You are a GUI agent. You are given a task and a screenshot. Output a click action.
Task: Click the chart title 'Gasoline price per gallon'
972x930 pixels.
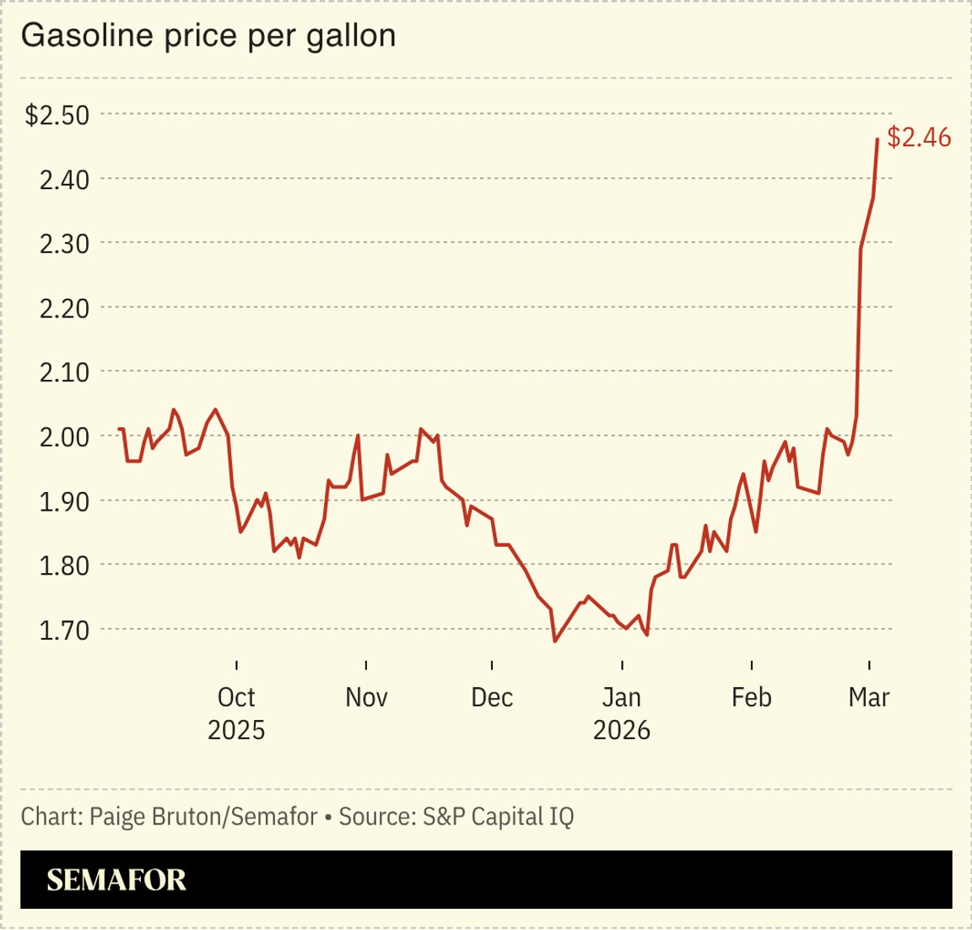(208, 35)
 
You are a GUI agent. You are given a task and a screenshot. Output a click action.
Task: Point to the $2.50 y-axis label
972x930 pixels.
(57, 115)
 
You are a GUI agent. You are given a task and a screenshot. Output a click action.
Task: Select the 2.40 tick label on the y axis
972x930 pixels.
(64, 179)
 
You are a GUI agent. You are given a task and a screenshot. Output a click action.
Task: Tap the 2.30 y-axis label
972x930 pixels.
(64, 244)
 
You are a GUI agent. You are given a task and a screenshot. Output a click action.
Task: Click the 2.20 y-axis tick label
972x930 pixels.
(64, 308)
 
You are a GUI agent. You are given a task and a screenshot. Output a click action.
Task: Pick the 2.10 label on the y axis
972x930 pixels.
(64, 372)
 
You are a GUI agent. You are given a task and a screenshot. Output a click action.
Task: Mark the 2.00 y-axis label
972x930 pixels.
(64, 436)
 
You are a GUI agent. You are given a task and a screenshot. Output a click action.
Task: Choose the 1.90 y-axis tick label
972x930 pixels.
(64, 501)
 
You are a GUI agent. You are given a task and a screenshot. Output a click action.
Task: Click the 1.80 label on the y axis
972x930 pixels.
(64, 565)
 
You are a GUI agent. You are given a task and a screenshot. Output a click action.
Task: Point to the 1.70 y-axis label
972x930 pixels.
(64, 630)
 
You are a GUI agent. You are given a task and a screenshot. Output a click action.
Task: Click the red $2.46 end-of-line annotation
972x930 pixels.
(919, 138)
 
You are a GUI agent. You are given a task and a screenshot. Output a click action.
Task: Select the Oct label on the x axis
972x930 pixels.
(236, 697)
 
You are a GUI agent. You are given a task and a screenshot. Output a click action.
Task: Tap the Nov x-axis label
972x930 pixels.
(366, 697)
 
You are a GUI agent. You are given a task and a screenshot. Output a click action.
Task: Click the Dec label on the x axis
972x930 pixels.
(492, 697)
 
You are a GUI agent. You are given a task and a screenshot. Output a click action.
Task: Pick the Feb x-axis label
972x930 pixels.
(751, 697)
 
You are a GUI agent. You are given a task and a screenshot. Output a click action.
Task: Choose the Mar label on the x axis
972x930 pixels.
(869, 697)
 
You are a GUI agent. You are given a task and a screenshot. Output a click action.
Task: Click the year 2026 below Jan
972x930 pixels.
(622, 730)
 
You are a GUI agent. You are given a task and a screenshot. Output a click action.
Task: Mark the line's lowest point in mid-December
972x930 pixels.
(555, 641)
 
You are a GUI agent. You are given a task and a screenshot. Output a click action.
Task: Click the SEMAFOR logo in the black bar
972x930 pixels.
(116, 880)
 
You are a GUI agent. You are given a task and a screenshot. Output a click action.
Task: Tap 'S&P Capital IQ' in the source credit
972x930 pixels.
(498, 817)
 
